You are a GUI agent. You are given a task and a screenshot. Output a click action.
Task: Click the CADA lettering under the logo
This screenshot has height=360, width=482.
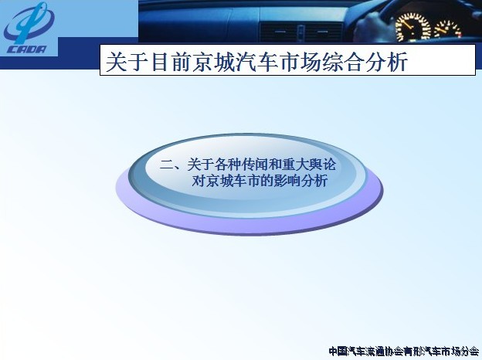click(26, 49)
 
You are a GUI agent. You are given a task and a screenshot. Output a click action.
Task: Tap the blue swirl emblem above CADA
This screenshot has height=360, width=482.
click(29, 23)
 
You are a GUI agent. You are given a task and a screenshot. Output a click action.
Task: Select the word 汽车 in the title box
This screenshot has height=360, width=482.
click(253, 62)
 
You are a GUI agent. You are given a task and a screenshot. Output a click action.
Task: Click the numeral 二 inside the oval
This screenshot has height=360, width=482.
click(167, 165)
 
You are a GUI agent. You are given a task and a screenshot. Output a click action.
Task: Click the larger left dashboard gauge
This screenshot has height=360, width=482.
click(412, 27)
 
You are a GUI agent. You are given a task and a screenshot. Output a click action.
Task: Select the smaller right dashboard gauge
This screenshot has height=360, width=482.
click(447, 30)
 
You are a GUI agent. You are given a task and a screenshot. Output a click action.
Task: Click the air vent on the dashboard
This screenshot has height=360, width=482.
click(301, 32)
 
